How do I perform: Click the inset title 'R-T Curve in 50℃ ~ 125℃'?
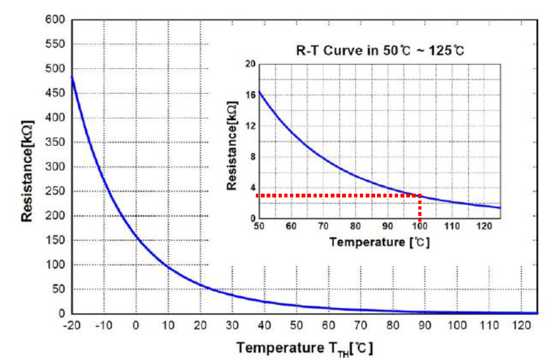[380, 50]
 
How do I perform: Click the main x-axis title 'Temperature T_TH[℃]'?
[305, 348]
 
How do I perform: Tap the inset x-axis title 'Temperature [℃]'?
[380, 242]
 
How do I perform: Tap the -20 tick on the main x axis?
[71, 325]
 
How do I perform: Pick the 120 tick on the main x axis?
[520, 325]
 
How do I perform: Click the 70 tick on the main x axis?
[360, 325]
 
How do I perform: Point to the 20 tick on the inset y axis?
[249, 64]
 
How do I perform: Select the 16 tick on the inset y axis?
[249, 95]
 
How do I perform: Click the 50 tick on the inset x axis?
[258, 226]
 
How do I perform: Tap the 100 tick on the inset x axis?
[420, 226]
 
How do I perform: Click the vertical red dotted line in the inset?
[420, 207]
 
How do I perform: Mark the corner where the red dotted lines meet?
[420, 196]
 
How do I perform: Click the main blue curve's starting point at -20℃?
[71, 77]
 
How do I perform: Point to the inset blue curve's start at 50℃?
[259, 92]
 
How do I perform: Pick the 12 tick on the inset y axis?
[249, 126]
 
